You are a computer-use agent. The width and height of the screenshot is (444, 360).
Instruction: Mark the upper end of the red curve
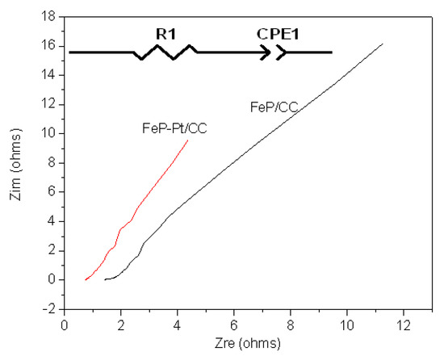coord(188,140)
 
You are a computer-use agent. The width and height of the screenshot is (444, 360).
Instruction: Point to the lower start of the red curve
coord(86,279)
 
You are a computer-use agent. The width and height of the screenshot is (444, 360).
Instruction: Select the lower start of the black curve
coord(105,279)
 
